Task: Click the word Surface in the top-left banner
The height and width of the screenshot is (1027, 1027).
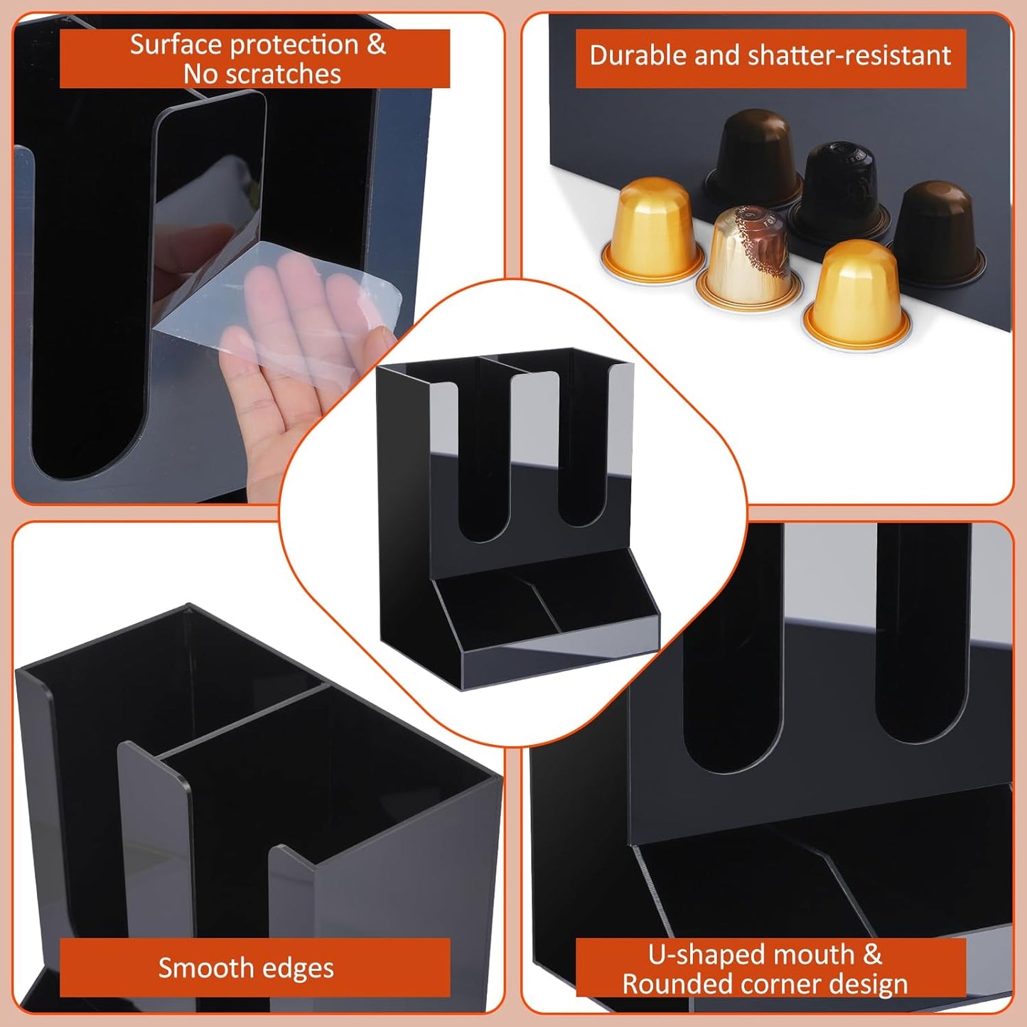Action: click(x=173, y=45)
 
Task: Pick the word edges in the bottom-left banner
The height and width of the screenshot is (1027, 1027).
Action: click(x=299, y=968)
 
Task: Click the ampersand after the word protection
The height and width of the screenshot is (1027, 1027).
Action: click(x=376, y=45)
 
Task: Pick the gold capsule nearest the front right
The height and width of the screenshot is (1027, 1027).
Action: click(x=856, y=291)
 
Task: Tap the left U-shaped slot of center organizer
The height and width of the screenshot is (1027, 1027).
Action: click(x=484, y=462)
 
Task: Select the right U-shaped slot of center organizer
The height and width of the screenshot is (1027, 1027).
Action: click(x=582, y=455)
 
